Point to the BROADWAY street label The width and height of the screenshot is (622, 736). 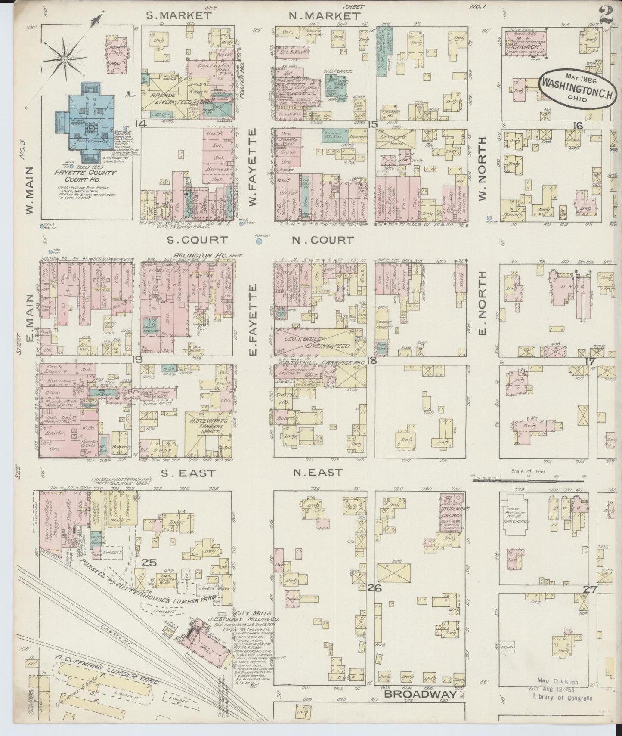[x=420, y=694]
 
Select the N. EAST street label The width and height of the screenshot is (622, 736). [x=318, y=473]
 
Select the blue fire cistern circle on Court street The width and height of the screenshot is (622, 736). [x=259, y=242]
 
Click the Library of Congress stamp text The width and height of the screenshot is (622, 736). [x=562, y=698]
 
